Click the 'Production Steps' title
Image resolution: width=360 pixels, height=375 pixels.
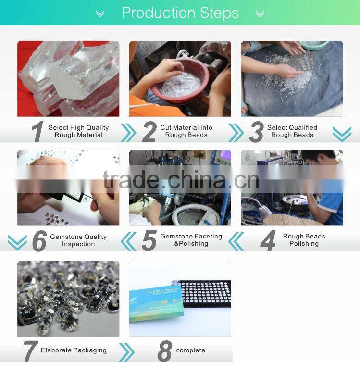[180, 13]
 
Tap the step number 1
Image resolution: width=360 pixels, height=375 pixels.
[37, 132]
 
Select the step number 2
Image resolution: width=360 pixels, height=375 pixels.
[149, 132]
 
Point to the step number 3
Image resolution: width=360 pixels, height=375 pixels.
[256, 132]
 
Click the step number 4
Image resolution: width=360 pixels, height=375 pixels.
[268, 240]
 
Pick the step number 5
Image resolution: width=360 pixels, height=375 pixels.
[149, 240]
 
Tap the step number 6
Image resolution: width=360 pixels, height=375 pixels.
[39, 240]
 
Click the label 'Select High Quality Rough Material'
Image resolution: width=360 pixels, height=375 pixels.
[78, 131]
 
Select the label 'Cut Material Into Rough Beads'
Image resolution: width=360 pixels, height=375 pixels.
[186, 131]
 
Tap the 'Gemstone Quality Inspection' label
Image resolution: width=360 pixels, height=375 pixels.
[78, 240]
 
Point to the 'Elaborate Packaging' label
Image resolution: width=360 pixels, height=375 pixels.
[74, 350]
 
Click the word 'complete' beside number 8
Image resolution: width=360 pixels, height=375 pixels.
[190, 350]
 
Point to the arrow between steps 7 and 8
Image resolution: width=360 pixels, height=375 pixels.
[126, 352]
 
